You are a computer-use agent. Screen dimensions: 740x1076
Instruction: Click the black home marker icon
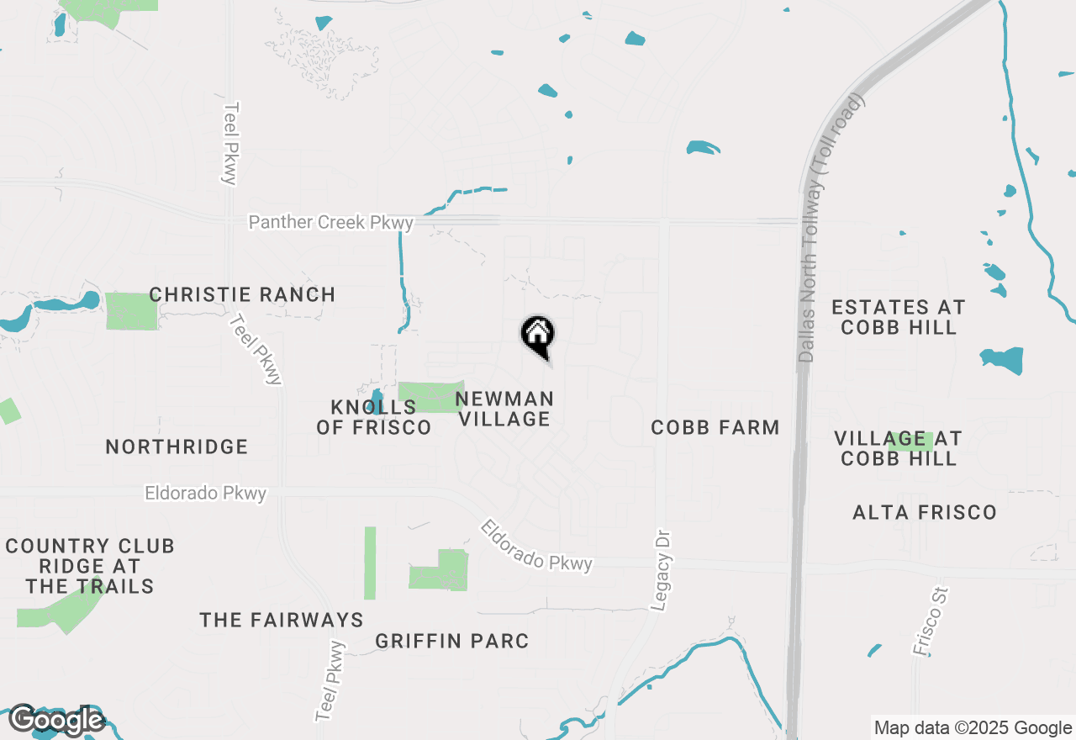pos(538,336)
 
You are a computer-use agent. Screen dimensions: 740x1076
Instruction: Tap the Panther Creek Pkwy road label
pos(331,223)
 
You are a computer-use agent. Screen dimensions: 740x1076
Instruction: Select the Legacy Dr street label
pos(663,570)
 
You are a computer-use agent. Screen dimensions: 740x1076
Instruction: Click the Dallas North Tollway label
pos(831,229)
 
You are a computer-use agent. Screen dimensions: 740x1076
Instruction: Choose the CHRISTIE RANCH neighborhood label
pos(242,295)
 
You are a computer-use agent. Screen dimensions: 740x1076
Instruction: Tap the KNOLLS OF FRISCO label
pos(374,417)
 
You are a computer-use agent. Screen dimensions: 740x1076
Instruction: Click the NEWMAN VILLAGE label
pos(504,409)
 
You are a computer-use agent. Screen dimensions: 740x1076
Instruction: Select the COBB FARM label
pos(715,427)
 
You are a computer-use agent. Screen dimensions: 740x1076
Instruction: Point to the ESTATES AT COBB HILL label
pos(899,317)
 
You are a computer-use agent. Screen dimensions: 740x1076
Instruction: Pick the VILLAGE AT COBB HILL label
pos(899,448)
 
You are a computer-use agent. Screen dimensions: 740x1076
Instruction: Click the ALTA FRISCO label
pos(925,512)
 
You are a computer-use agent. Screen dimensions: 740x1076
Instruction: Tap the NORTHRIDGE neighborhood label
pos(177,447)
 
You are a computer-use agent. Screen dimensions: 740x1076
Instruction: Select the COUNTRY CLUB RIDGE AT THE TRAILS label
pos(90,566)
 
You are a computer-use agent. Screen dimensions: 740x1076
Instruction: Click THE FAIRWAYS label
pos(282,621)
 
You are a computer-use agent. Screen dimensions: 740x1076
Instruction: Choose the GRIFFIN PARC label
pos(452,641)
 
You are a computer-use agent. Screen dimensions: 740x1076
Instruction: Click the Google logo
pos(56,720)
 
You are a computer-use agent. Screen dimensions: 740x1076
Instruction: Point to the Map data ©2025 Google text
pos(973,728)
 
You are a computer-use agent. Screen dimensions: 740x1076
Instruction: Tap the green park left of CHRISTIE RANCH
pos(131,311)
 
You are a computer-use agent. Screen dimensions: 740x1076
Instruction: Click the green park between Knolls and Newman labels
pos(430,396)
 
